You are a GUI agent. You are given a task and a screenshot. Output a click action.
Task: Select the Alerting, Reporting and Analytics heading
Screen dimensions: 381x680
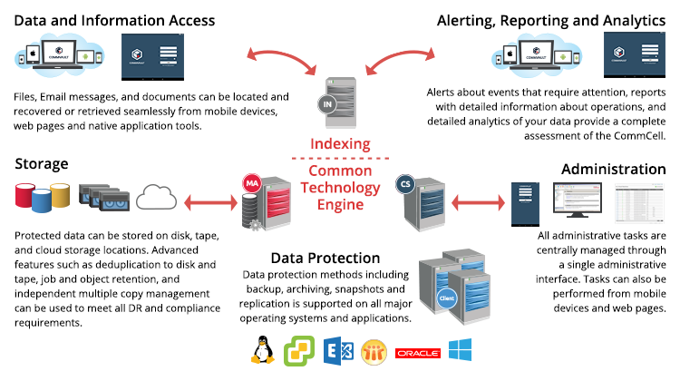[551, 19]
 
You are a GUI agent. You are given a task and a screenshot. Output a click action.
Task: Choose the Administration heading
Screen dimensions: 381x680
[614, 170]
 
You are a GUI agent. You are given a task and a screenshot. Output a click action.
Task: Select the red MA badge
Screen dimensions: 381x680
[252, 184]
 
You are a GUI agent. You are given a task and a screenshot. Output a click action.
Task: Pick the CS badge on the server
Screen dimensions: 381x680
[406, 184]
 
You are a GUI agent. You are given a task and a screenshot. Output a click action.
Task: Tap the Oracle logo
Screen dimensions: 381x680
[417, 351]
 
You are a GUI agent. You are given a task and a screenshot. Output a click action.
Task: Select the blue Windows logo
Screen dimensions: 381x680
[460, 350]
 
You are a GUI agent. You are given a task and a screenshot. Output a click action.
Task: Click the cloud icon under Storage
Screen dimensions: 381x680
[159, 197]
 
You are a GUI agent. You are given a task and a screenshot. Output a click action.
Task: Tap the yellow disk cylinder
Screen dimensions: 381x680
[61, 194]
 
